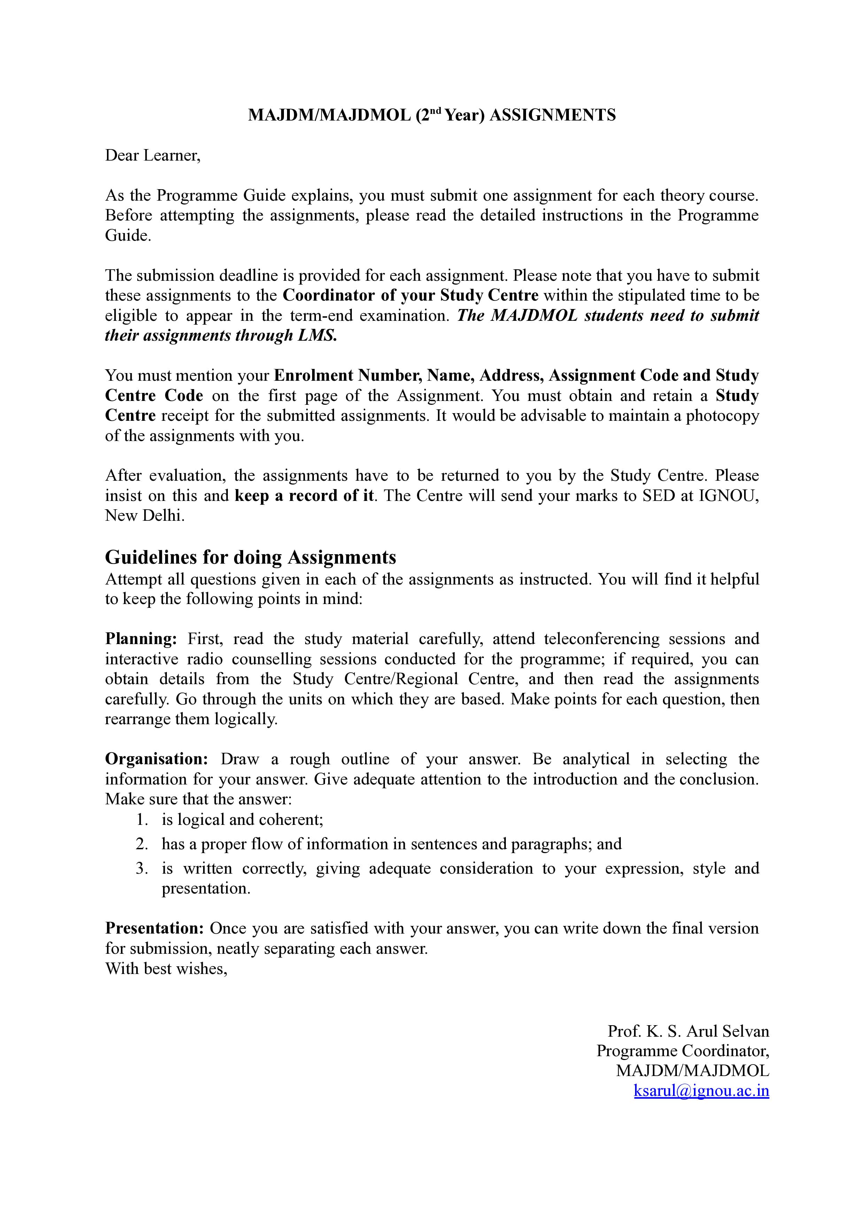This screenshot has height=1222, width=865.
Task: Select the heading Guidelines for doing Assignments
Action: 250,557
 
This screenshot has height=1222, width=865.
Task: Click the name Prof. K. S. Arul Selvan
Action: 688,1031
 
